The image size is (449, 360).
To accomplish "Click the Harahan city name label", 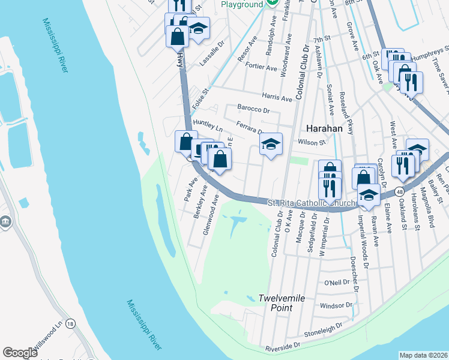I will tap(324, 128).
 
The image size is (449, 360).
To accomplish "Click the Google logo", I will tap(20, 353).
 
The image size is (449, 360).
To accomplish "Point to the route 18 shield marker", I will tap(71, 324).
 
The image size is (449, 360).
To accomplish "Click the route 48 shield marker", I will tap(399, 191).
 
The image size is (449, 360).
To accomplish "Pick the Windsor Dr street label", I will tap(336, 306).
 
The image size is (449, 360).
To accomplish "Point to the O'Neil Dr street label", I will tap(337, 283).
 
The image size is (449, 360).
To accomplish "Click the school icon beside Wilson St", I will tap(271, 143).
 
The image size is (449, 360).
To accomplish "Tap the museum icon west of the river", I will tap(6, 223).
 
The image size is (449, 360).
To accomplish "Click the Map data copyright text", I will tap(423, 355).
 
